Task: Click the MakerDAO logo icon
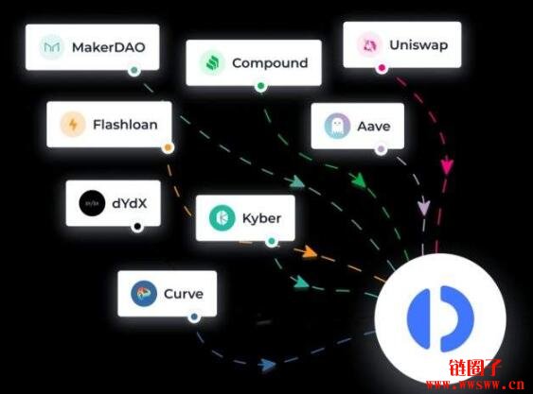52,47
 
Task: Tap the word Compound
270,63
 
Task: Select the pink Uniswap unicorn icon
369,44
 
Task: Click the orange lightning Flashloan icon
73,124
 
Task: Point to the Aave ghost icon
337,127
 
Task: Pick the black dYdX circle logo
92,203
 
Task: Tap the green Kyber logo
222,218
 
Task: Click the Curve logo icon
144,294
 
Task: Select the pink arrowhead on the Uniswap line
447,166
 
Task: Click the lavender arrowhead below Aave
423,207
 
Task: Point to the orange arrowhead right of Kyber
310,252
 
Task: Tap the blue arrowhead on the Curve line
268,365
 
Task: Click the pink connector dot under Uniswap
382,68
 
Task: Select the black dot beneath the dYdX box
137,227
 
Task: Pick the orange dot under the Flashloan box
168,147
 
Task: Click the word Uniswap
418,45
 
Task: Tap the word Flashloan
125,125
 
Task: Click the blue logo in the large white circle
440,318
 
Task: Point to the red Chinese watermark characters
475,368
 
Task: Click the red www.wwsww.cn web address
475,385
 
